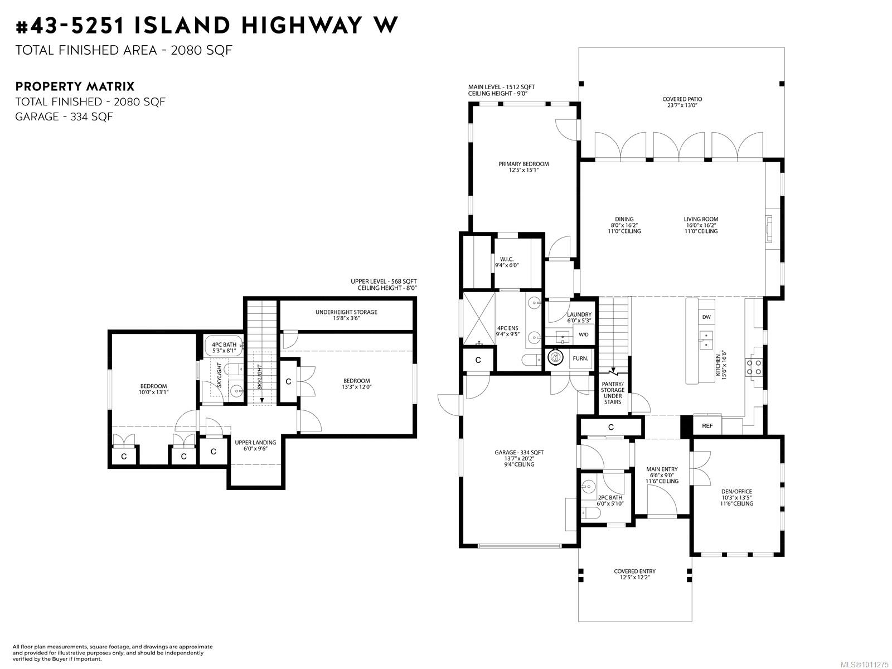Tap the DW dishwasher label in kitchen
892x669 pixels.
(706, 317)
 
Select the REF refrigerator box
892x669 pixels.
(707, 426)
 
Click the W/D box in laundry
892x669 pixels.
(584, 334)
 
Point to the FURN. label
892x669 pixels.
(580, 358)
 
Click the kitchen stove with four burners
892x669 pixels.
(754, 367)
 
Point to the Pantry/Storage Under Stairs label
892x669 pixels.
(612, 393)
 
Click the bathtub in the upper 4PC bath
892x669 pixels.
(224, 347)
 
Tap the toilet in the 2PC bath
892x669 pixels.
(590, 514)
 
